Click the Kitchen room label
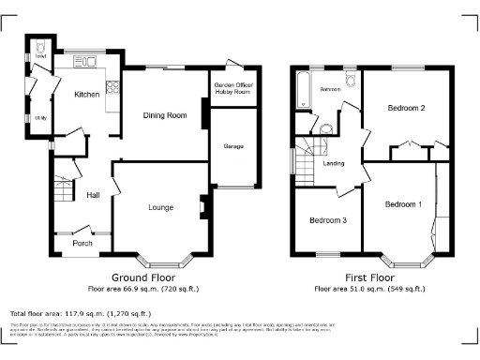[x=87, y=95]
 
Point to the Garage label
[x=232, y=147]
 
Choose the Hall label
[x=93, y=195]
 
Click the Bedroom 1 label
[x=403, y=204]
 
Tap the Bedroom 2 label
[x=406, y=109]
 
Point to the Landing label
[x=333, y=163]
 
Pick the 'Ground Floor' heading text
[x=143, y=278]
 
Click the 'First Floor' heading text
[x=369, y=278]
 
